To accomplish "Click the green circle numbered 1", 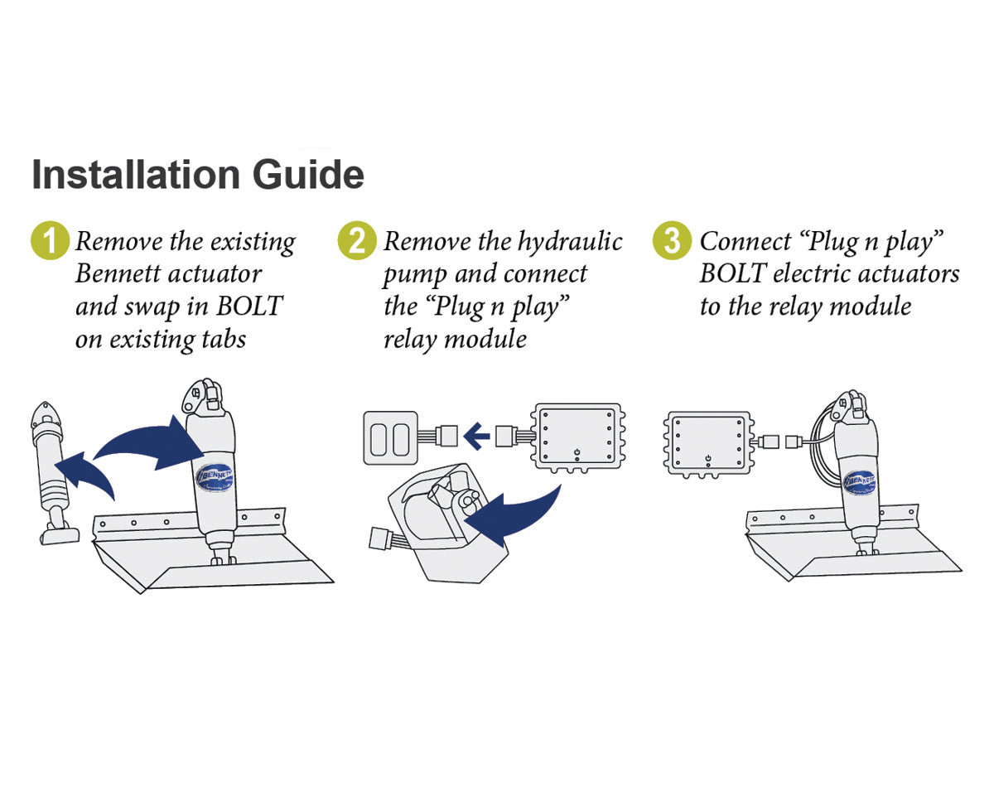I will (x=50, y=241).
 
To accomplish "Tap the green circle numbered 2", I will (x=357, y=241).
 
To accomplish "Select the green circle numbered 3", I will (x=672, y=241).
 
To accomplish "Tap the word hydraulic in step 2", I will (x=571, y=242).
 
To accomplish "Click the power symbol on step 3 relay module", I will (x=708, y=458).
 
